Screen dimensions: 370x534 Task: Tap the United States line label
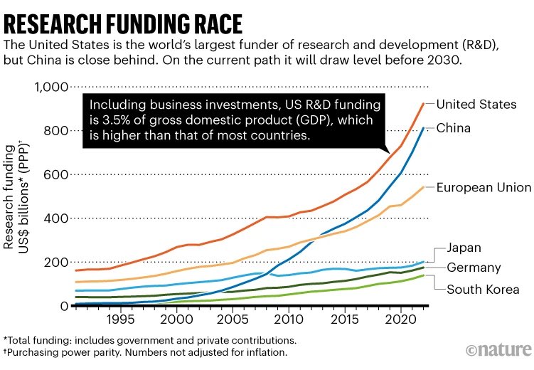click(476, 105)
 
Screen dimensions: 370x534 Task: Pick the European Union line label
click(484, 188)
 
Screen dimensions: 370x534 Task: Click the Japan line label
click(464, 248)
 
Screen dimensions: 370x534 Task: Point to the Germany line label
click(474, 268)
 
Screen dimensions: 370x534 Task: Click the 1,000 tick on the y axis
click(50, 88)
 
